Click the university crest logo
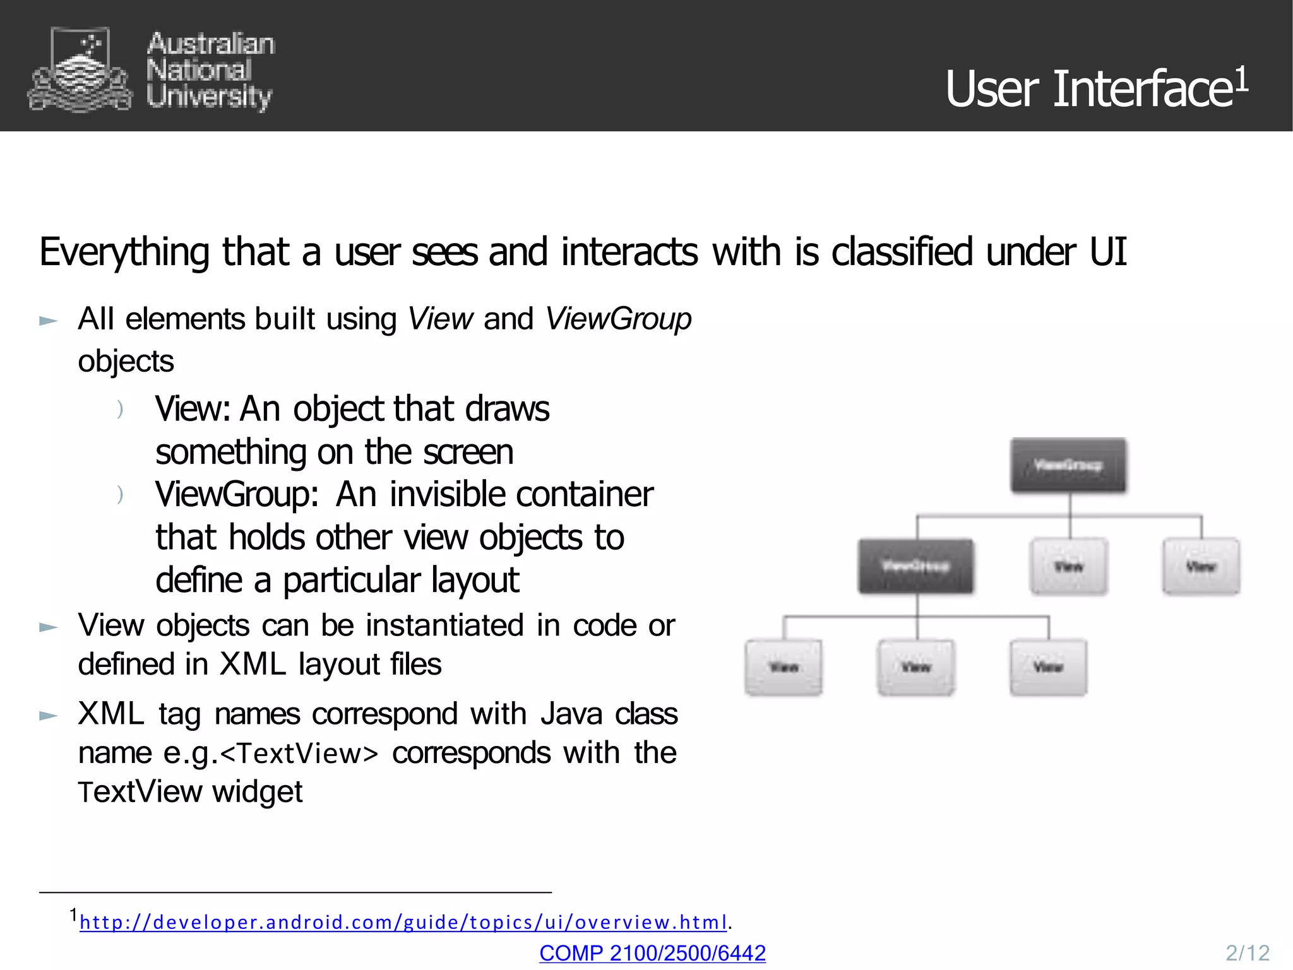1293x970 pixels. [80, 69]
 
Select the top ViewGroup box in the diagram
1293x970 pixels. [1068, 465]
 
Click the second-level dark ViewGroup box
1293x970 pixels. [915, 566]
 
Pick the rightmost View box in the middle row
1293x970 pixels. [1201, 566]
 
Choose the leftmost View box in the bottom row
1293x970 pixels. [784, 667]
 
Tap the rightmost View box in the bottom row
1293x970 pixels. [1048, 667]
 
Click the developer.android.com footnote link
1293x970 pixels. [403, 922]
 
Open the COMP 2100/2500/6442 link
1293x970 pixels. [652, 953]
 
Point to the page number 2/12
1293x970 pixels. [1247, 953]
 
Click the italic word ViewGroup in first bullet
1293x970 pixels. [618, 319]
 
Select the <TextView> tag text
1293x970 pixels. [299, 754]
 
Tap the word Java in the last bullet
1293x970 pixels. [571, 714]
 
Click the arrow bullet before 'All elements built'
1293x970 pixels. [49, 321]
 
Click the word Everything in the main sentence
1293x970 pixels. [124, 252]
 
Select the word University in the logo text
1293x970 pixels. [209, 97]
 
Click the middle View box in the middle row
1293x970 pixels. [1068, 566]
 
